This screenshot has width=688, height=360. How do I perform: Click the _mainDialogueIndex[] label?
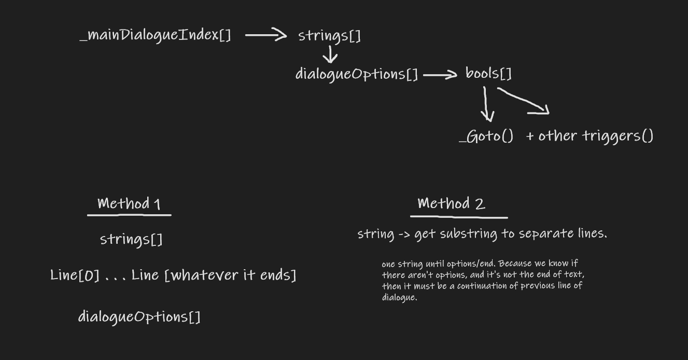[x=155, y=35]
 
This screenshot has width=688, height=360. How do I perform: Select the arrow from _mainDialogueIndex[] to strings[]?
[x=266, y=35]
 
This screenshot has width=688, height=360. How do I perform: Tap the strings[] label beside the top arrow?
[x=329, y=36]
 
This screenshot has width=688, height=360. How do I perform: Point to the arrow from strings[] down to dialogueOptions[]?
[x=330, y=54]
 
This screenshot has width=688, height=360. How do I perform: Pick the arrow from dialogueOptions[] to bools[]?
[x=440, y=75]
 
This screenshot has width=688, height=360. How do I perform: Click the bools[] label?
[x=488, y=74]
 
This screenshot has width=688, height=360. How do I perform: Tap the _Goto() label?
[x=486, y=136]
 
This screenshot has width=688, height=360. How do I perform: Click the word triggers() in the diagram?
[x=617, y=136]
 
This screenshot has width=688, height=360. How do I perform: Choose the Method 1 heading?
[x=129, y=204]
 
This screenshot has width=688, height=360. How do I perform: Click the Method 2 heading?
[x=451, y=203]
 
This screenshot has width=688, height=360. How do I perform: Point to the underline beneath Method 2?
[x=459, y=217]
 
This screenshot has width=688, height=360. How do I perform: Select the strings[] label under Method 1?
[x=131, y=240]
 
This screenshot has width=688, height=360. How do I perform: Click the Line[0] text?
[x=75, y=275]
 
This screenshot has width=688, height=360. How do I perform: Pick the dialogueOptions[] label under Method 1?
[x=139, y=317]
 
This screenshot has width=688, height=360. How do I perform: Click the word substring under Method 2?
[x=468, y=233]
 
